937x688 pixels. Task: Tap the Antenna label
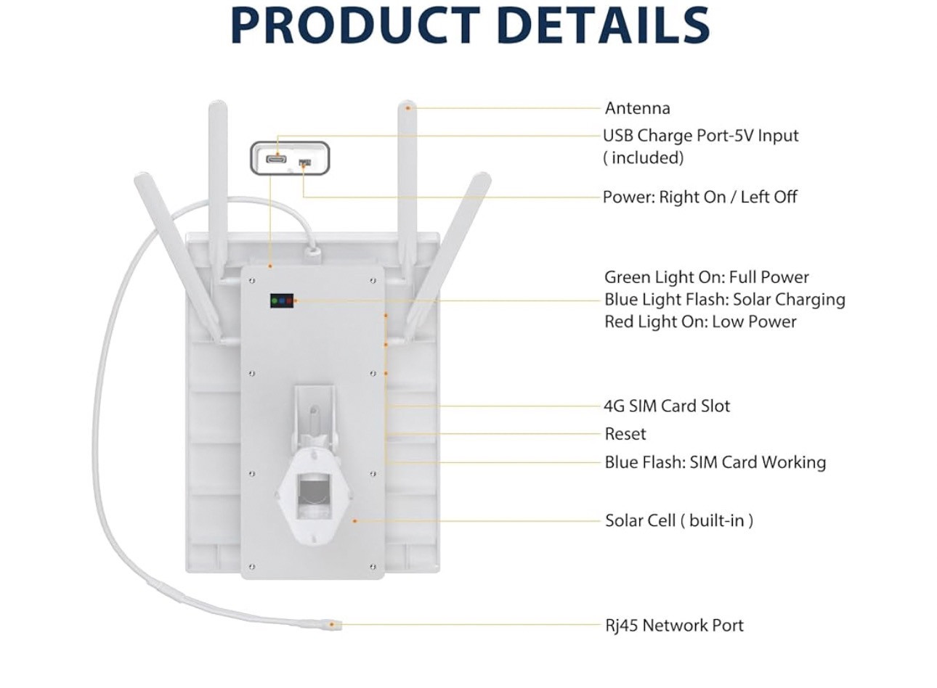638,108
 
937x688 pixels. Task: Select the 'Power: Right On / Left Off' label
699,197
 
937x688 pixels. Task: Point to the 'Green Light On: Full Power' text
707,277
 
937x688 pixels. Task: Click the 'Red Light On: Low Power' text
700,322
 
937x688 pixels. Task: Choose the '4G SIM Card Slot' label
667,406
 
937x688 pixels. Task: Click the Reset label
625,434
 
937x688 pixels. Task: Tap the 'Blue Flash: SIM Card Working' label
715,462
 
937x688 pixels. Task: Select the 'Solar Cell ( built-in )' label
679,521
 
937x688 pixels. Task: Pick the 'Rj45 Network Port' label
674,626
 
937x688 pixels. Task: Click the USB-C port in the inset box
277,159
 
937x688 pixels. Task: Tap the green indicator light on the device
275,300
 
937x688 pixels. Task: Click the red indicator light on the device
289,300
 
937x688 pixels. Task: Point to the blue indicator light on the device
282,300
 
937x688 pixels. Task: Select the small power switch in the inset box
304,162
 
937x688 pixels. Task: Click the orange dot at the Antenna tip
408,108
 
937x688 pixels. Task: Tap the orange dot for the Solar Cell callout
354,521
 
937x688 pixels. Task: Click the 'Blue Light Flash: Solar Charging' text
725,300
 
